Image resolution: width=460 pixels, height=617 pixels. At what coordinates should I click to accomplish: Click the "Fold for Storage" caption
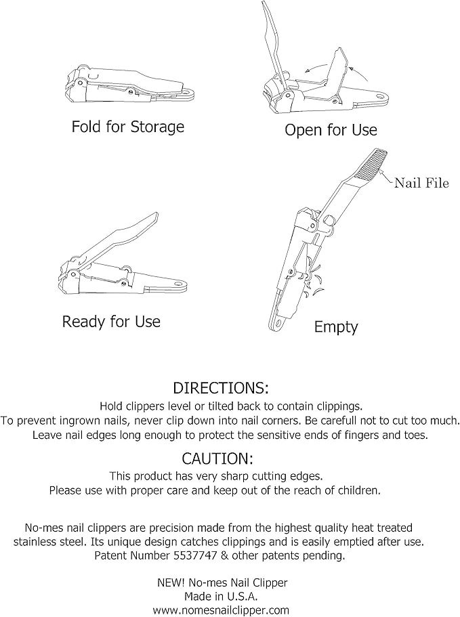128,127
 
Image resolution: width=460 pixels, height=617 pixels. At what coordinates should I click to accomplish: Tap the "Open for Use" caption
331,130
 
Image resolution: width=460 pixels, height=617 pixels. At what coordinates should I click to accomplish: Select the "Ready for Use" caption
111,322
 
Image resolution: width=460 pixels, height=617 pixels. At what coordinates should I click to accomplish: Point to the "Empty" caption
336,327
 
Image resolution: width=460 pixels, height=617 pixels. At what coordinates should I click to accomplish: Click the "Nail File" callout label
421,183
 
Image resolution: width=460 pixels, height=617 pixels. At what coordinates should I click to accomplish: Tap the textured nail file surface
373,164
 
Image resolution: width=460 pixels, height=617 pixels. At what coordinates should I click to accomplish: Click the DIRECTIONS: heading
221,388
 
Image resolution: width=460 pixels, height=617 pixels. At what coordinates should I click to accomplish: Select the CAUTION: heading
217,459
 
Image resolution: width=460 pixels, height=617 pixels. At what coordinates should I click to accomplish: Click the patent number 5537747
195,555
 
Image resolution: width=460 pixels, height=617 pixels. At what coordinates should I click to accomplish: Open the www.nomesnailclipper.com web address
221,610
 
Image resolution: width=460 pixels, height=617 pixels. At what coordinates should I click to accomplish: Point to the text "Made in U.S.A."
221,597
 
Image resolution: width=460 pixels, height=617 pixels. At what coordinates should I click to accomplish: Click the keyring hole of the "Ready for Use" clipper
181,284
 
